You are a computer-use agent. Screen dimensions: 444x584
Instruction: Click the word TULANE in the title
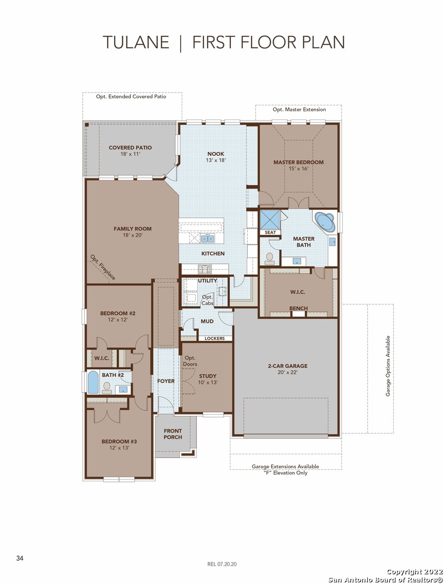pyautogui.click(x=136, y=43)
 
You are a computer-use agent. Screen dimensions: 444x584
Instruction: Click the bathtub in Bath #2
pyautogui.click(x=93, y=382)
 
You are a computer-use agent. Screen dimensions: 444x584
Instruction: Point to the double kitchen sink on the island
pyautogui.click(x=208, y=238)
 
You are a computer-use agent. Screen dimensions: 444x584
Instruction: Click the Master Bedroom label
pyautogui.click(x=299, y=162)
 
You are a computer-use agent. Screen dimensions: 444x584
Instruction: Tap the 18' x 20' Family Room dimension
pyautogui.click(x=132, y=235)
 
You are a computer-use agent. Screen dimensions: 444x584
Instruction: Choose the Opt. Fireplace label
pyautogui.click(x=103, y=268)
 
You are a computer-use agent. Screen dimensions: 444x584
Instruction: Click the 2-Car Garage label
pyautogui.click(x=288, y=366)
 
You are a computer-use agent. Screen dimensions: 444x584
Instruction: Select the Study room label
pyautogui.click(x=208, y=376)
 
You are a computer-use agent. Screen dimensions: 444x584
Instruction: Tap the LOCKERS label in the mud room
pyautogui.click(x=215, y=338)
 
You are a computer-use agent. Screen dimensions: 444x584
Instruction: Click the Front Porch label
pyautogui.click(x=173, y=434)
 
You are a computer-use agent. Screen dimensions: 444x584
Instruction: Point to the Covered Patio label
pyautogui.click(x=130, y=148)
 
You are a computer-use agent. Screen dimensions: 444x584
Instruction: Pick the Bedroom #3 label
pyautogui.click(x=119, y=441)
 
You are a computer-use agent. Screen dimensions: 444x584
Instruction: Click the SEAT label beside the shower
pyautogui.click(x=270, y=233)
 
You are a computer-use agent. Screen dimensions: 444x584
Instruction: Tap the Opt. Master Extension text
pyautogui.click(x=299, y=109)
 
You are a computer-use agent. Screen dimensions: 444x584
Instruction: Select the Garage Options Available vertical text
pyautogui.click(x=388, y=366)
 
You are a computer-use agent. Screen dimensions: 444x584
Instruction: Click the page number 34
pyautogui.click(x=20, y=558)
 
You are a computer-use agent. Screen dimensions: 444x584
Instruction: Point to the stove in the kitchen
pyautogui.click(x=204, y=269)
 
